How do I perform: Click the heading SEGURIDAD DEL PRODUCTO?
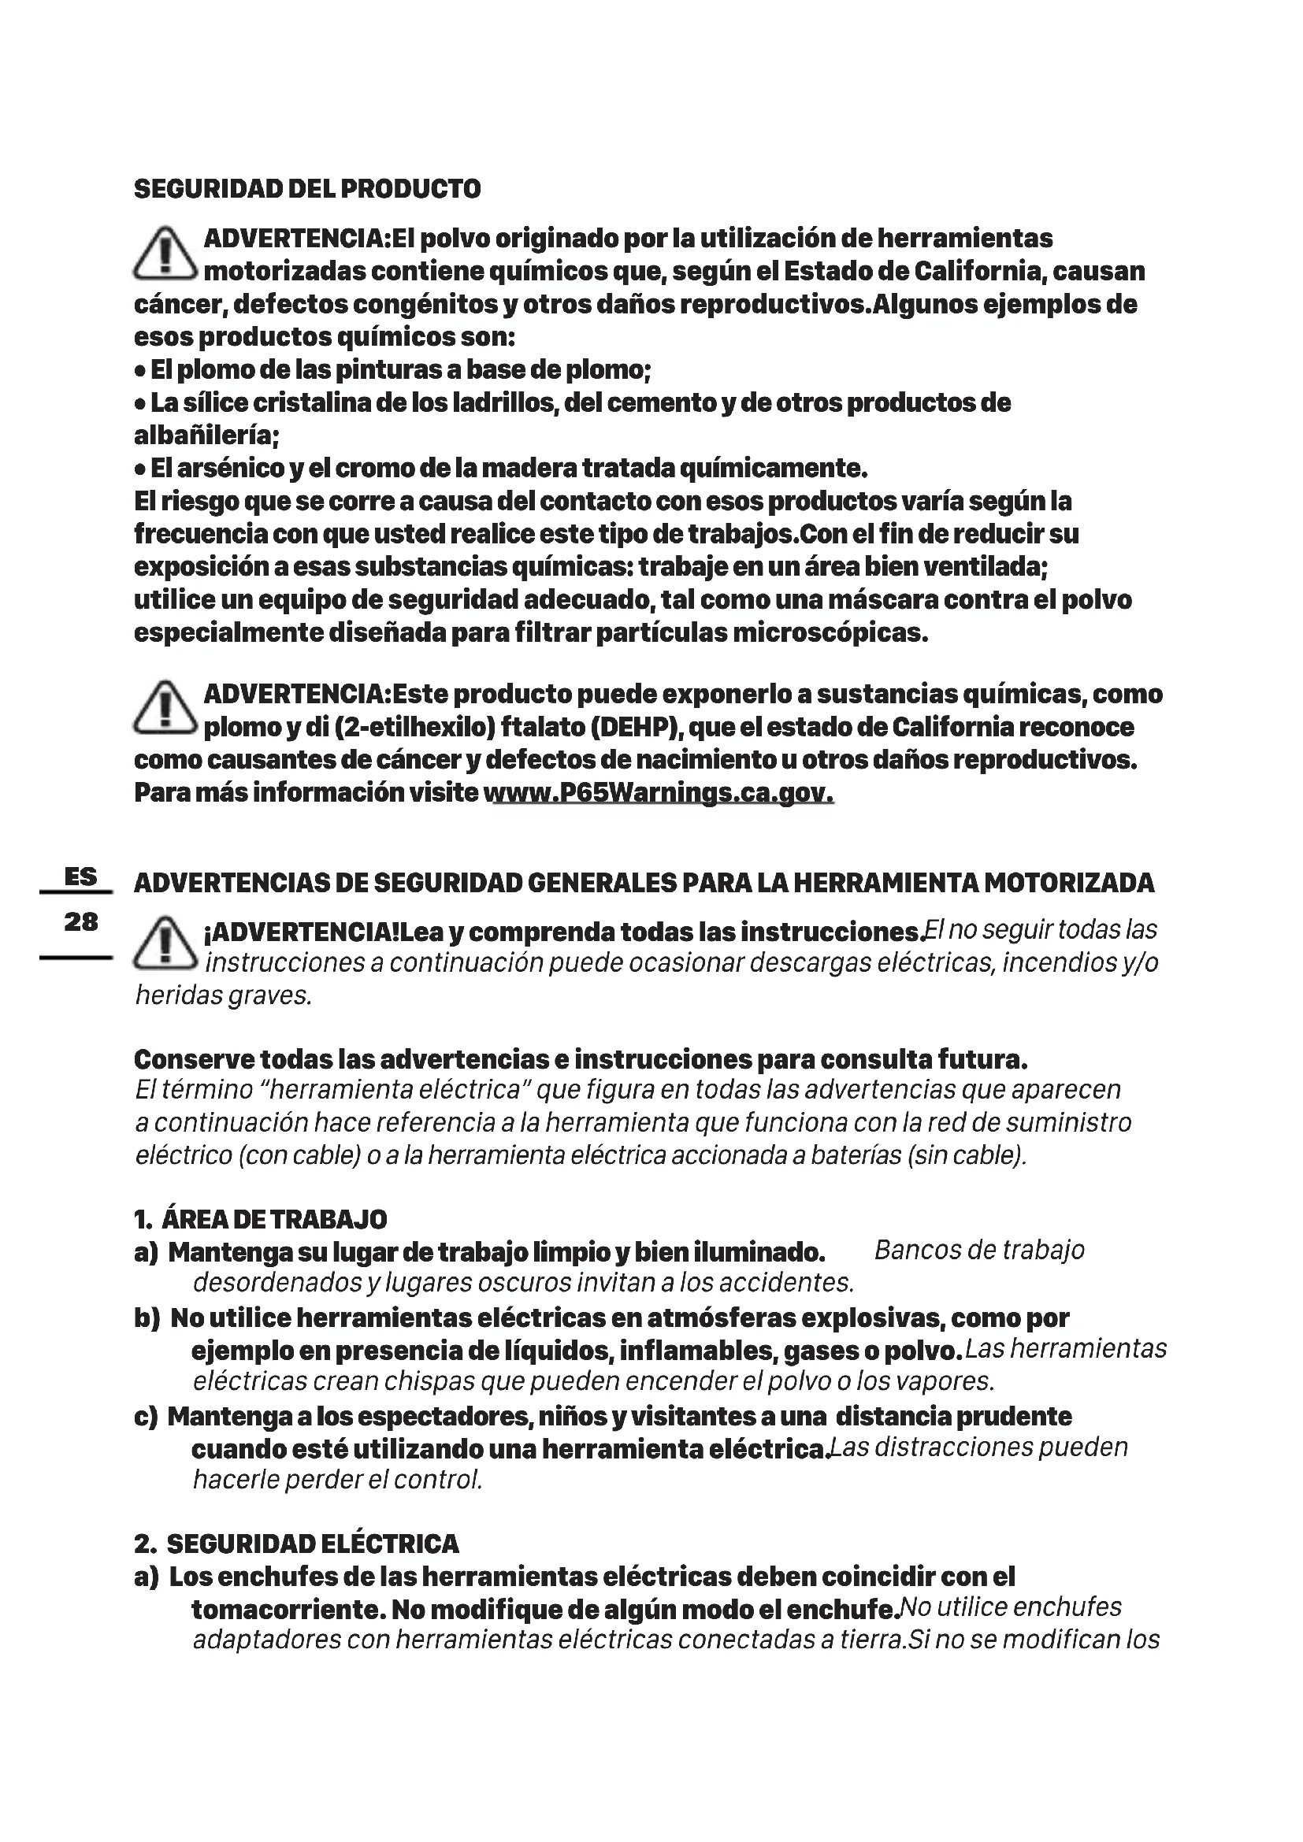[307, 189]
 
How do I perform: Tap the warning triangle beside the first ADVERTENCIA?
[165, 254]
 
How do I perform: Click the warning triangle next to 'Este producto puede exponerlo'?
[165, 709]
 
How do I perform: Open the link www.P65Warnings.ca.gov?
[659, 794]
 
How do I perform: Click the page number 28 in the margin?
[80, 922]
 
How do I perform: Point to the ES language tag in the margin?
[80, 877]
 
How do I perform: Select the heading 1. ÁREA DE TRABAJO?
[261, 1220]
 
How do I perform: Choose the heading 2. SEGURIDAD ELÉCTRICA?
[297, 1544]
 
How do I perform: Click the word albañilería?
[206, 435]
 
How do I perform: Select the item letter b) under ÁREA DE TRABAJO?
[147, 1318]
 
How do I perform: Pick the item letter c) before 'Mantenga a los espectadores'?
[146, 1417]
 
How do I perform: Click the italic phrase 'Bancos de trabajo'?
[979, 1251]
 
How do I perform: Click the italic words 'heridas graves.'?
[223, 996]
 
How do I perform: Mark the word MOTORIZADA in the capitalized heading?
[1069, 884]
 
